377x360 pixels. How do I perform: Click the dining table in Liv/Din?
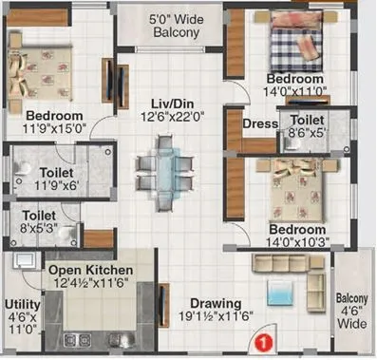coord(160,167)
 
